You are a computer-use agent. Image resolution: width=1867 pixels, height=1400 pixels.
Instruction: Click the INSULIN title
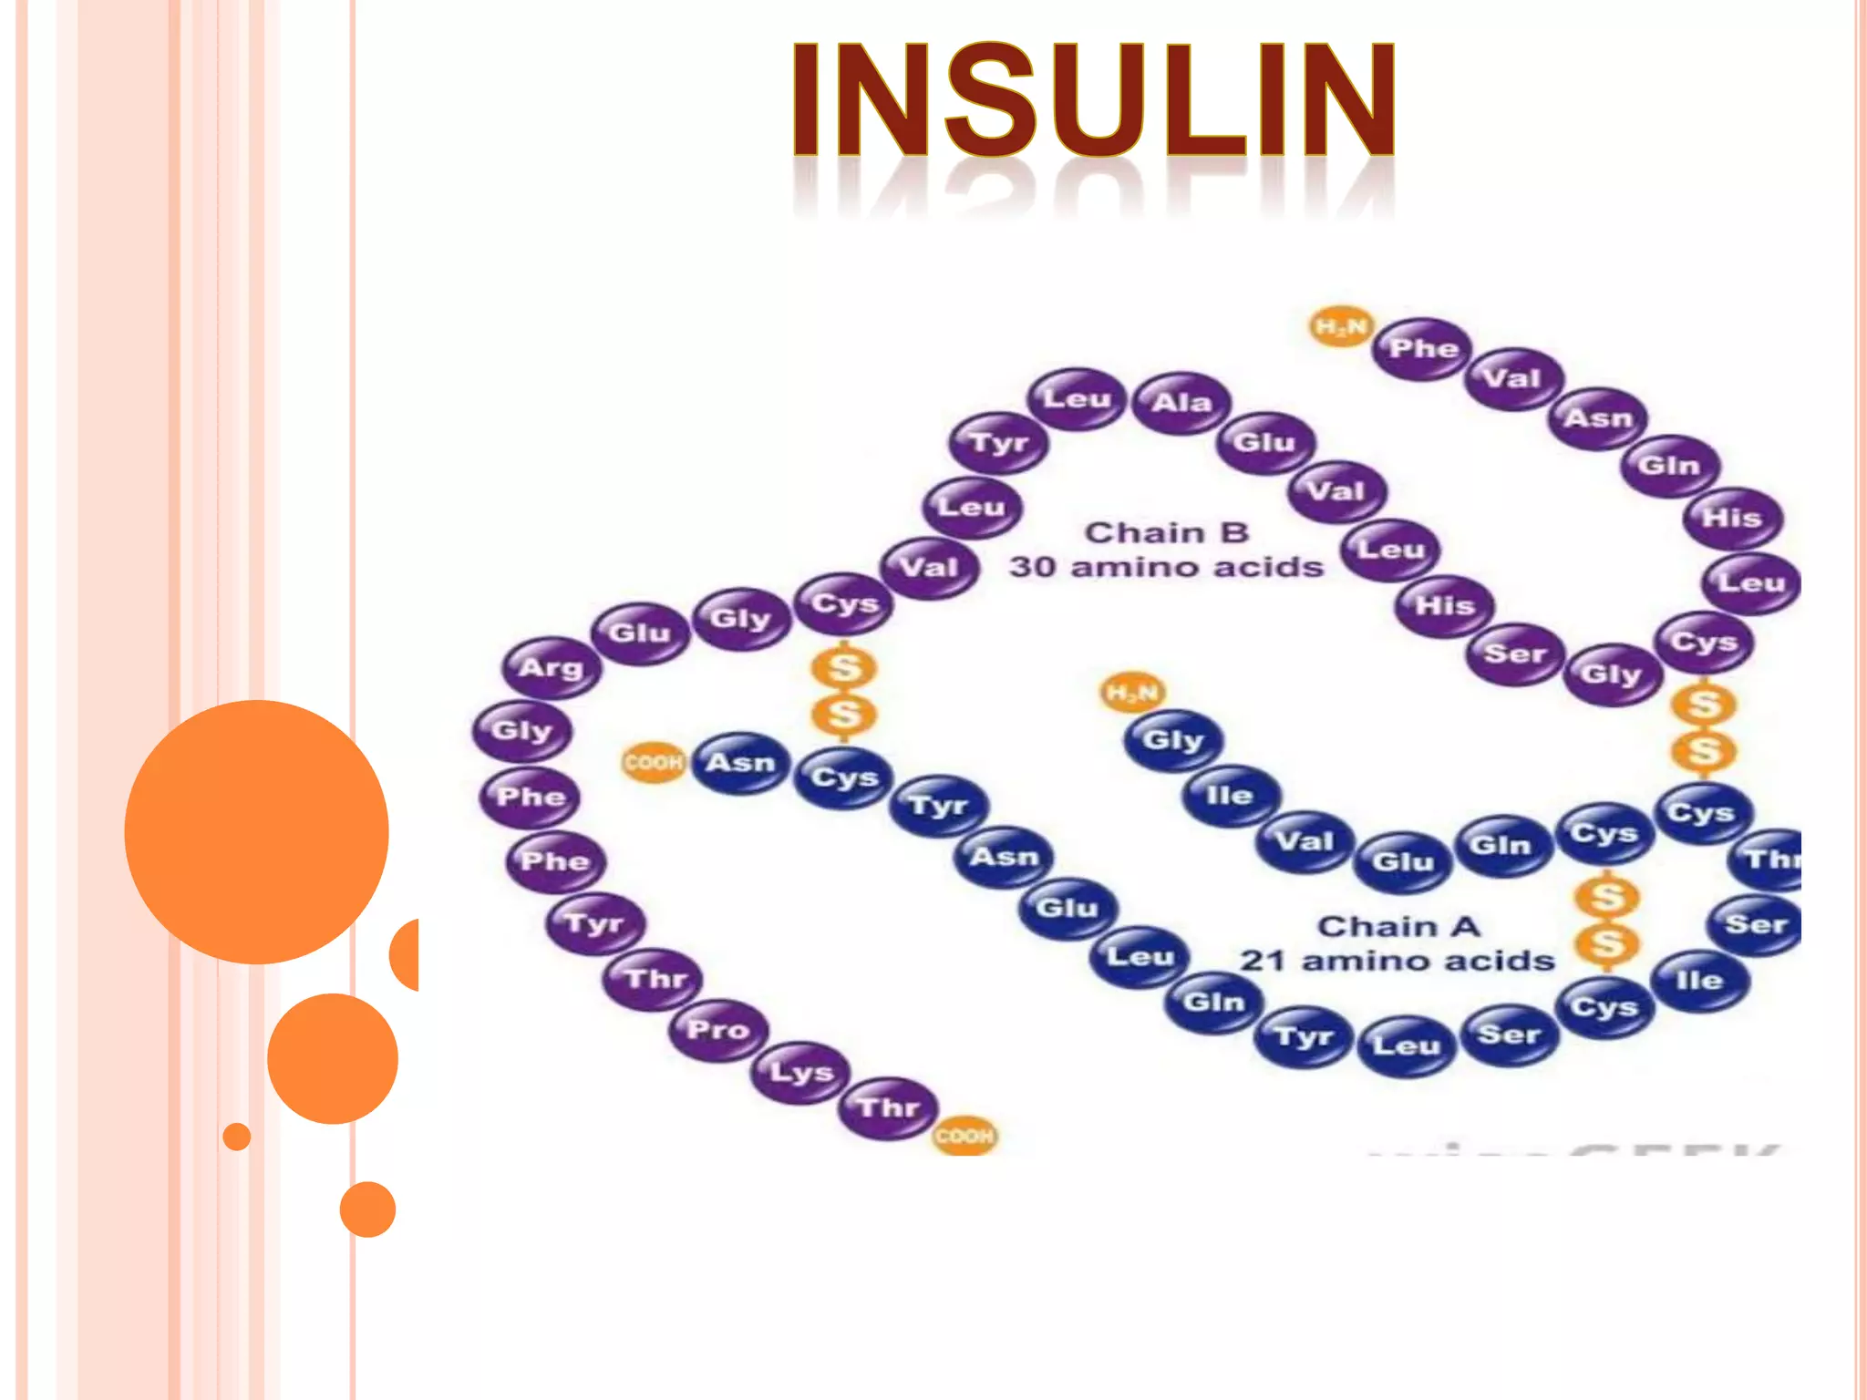point(1092,100)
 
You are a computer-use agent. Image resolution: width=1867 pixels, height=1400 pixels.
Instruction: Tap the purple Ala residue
point(1181,402)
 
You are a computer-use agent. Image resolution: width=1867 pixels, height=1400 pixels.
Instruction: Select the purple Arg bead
point(552,667)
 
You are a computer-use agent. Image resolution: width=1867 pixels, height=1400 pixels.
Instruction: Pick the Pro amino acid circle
point(718,1030)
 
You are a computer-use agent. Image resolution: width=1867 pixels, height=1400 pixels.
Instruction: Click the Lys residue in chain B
point(800,1072)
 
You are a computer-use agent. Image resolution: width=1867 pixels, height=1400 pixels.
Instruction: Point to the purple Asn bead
point(1599,417)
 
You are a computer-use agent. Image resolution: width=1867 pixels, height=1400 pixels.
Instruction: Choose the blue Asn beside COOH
point(740,762)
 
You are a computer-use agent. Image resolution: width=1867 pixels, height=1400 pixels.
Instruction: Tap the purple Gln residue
point(1669,466)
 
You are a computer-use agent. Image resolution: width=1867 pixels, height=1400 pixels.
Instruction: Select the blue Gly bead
point(1173,739)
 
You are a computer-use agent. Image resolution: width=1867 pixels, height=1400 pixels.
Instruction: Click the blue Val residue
point(1305,840)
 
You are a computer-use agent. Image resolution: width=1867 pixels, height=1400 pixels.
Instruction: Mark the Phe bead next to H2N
point(1423,348)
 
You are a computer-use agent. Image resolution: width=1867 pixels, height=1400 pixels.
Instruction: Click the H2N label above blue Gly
point(1132,693)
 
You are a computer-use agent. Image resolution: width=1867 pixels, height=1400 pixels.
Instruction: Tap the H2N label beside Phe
point(1341,326)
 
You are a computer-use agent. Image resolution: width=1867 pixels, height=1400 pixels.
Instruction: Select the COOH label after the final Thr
point(964,1136)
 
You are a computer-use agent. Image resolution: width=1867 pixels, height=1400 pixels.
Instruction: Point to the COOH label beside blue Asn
point(653,762)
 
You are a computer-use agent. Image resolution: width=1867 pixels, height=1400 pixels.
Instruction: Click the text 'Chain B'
point(1166,532)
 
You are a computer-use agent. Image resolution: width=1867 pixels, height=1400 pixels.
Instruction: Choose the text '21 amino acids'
point(1397,961)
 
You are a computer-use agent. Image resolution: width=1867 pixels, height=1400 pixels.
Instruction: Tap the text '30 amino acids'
point(1166,567)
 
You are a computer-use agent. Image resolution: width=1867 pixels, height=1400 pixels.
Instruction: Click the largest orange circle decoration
point(256,831)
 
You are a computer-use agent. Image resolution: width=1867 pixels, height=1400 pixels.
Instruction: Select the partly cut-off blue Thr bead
point(1769,859)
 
